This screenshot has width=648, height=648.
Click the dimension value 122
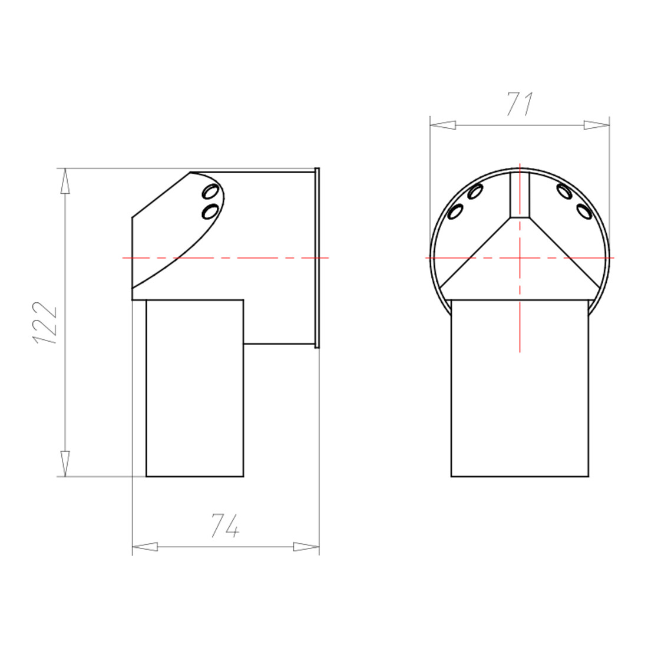(x=44, y=323)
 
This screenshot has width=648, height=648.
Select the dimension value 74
(x=225, y=525)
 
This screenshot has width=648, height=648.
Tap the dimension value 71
(x=520, y=104)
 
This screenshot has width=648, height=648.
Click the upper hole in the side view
(x=211, y=192)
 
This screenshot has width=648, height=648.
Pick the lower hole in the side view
(x=210, y=211)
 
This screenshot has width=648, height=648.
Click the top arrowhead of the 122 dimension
(x=65, y=181)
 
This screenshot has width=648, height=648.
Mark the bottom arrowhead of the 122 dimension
(x=65, y=464)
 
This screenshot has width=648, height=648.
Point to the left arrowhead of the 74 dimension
(x=145, y=547)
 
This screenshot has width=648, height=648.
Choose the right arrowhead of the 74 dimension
(x=306, y=547)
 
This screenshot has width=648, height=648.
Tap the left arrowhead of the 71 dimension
(x=442, y=125)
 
